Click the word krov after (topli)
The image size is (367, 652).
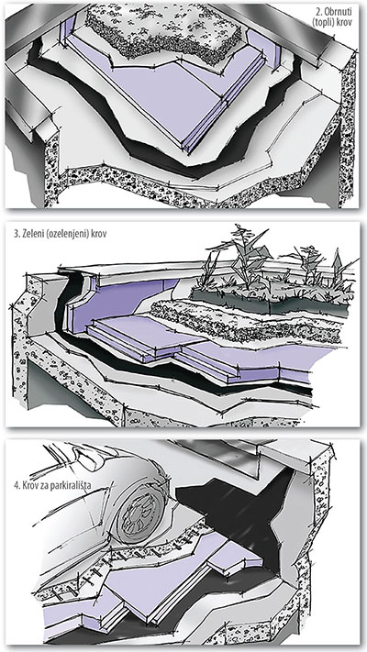[x=345, y=23]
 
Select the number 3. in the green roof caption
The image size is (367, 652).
[x=17, y=234]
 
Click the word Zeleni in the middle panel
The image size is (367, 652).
[x=31, y=234]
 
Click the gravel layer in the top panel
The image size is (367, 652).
[x=163, y=32]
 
